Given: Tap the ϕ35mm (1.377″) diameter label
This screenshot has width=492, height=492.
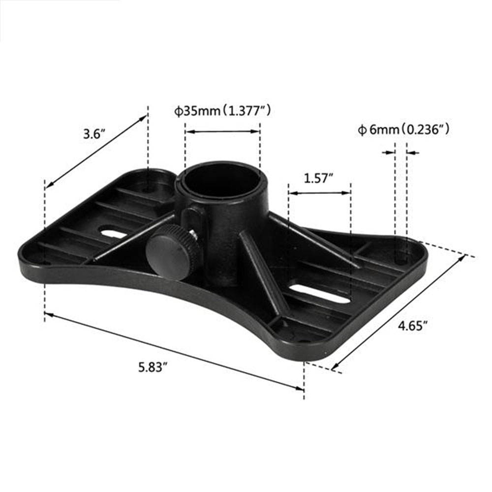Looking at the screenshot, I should tap(222, 111).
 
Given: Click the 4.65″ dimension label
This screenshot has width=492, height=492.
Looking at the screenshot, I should tap(412, 326).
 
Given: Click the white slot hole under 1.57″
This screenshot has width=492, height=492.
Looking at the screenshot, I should tap(319, 294).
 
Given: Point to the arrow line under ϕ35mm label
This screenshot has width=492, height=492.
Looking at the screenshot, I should tap(222, 131).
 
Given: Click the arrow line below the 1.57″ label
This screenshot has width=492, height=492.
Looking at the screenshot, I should tap(319, 193).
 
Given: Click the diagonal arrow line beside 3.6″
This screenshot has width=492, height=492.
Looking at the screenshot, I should tap(96, 151).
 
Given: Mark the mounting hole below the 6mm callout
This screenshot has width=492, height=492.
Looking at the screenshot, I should tap(401, 257).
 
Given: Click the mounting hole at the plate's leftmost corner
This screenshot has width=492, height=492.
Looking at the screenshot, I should tap(46, 263).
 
